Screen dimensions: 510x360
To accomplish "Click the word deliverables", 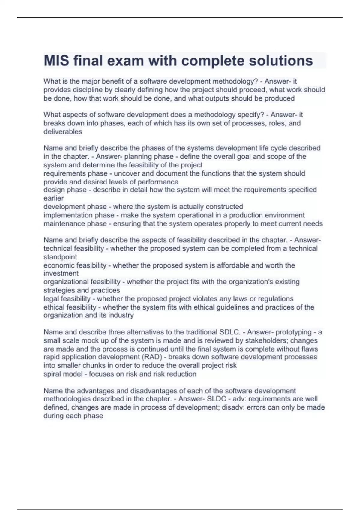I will [63, 132].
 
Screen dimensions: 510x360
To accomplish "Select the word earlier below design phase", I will [54, 198].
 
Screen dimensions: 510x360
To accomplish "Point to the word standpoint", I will [60, 257].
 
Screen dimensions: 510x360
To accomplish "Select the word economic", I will [58, 265].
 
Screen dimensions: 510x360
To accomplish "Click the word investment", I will [61, 273].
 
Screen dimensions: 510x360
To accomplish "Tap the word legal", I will [51, 299].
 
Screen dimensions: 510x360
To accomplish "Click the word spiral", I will [52, 374].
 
